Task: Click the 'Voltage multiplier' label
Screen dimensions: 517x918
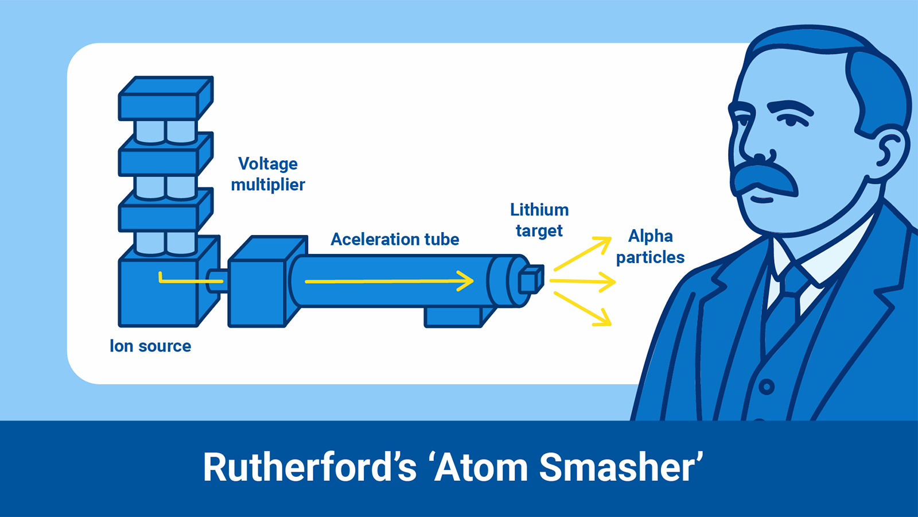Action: [x=268, y=174]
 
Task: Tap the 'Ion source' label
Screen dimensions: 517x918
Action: [x=150, y=346]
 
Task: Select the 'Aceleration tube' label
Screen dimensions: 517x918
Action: [x=395, y=239]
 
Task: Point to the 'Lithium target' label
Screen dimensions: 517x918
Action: [x=539, y=220]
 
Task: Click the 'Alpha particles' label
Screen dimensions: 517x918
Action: [x=650, y=246]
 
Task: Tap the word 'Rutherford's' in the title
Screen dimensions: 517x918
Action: [x=310, y=466]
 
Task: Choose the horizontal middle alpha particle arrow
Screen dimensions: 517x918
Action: [x=582, y=281]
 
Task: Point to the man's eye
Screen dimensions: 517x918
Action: [x=791, y=121]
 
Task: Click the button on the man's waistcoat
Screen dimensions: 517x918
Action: [x=767, y=387]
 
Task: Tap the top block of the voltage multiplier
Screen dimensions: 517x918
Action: [x=165, y=99]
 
